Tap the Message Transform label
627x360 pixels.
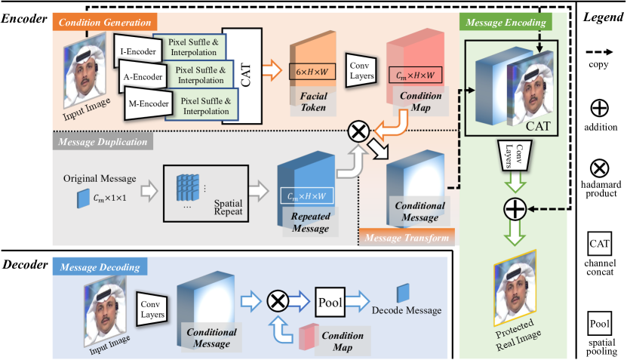point(407,238)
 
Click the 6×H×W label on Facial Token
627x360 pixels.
point(312,72)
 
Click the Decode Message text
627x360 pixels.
point(406,309)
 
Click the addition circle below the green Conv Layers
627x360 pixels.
point(515,209)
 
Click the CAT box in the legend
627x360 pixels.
point(601,244)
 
